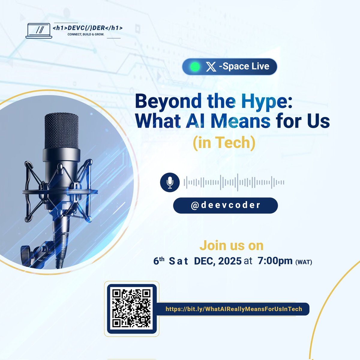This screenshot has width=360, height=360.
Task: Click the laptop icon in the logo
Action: coord(39,31)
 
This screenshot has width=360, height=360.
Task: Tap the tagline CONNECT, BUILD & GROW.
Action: coord(85,34)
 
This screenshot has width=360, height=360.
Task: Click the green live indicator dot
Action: coord(195,67)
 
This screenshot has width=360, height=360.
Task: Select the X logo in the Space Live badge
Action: coord(211,67)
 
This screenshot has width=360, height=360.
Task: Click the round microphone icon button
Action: coord(170,182)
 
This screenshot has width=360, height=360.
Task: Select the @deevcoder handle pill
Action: coord(225,205)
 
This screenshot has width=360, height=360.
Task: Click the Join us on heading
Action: coord(232,245)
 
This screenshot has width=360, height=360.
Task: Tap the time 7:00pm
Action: coord(275,261)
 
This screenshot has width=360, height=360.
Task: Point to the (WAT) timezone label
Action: coord(304,262)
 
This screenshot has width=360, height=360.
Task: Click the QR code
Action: coord(131,308)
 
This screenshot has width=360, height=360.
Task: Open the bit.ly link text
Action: coord(234,309)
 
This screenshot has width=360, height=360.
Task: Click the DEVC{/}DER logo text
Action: coord(87,28)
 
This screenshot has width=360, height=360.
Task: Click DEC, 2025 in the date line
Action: coord(217,261)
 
